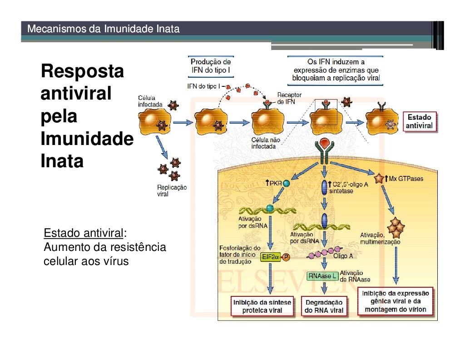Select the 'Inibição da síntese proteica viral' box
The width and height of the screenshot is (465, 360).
point(262,306)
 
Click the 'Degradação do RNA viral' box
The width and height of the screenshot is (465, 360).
point(324,306)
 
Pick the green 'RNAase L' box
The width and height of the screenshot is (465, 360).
point(322,276)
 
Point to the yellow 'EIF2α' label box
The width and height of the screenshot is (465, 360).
point(270,257)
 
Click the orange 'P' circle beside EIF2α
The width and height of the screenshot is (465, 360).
point(287,257)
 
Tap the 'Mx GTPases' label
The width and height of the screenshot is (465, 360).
point(406,179)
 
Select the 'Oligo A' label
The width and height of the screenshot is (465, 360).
point(343,256)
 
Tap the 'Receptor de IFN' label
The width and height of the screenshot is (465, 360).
point(289,99)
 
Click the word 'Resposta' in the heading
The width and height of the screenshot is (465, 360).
point(82,71)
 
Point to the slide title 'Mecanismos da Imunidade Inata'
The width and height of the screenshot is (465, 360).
point(104,30)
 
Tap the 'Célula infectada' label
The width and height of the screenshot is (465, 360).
point(150,101)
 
